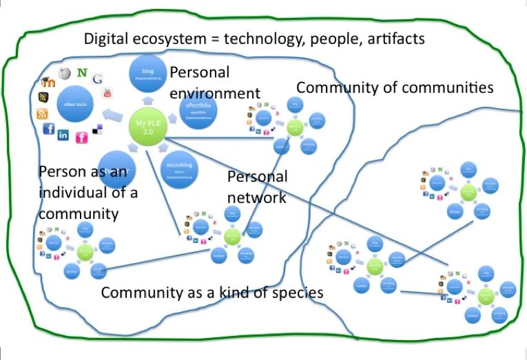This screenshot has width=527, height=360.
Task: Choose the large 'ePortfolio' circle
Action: [x=198, y=110]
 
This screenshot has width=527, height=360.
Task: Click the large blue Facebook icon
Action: [x=49, y=129]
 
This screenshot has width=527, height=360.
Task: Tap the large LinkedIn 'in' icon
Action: [x=64, y=135]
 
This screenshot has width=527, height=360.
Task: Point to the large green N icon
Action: [x=83, y=72]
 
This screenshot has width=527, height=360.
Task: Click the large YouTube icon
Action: [x=107, y=93]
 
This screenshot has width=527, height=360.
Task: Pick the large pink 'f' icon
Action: [x=82, y=138]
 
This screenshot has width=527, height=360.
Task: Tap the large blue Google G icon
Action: [x=97, y=78]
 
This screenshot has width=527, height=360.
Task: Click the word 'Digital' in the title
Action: [x=107, y=39]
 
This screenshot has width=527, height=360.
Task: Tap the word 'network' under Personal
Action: [x=257, y=198]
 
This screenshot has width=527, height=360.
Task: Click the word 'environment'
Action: [x=215, y=94]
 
